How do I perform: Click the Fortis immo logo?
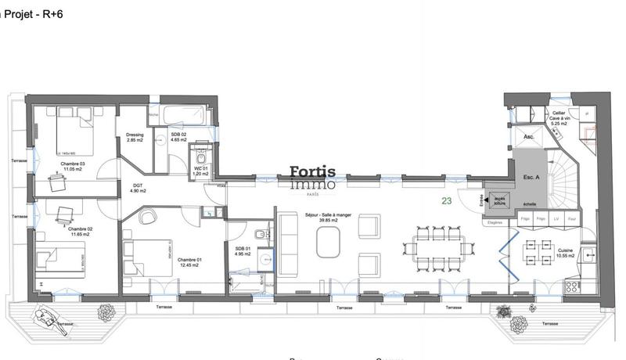[312, 178]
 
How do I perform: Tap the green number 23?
[446, 200]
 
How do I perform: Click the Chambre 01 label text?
[189, 263]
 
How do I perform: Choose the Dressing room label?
[135, 138]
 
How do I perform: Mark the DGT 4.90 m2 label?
[138, 188]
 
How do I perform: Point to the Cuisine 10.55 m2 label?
[566, 254]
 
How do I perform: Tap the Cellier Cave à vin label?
[558, 118]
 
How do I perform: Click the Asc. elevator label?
[528, 137]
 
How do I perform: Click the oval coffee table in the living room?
[329, 243]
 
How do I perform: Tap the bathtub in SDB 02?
[184, 115]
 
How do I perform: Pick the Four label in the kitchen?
[572, 218]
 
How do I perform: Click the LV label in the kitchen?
[556, 218]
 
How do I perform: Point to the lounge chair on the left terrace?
[49, 319]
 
